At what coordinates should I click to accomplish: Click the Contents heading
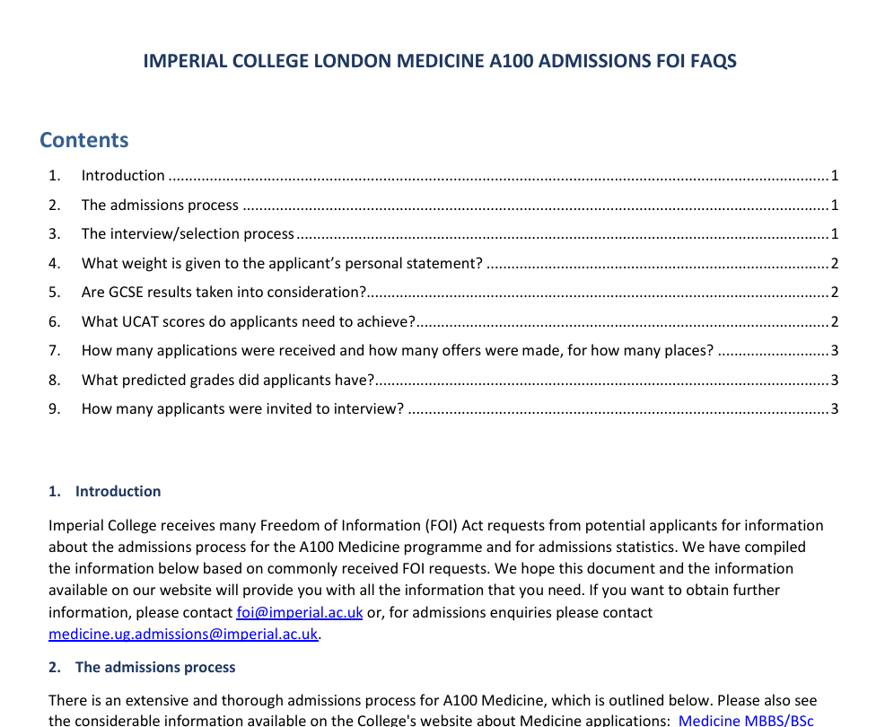pos(84,140)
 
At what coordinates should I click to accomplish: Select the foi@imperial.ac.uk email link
pos(299,612)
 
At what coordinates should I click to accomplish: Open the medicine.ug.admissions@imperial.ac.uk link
pos(183,634)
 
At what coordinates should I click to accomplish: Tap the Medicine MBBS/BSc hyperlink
pos(746,720)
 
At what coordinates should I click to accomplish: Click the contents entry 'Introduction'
pos(123,175)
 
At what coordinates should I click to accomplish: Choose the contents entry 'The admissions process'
pos(160,205)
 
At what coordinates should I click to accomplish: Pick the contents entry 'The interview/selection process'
pos(188,233)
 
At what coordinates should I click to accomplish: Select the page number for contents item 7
pos(834,350)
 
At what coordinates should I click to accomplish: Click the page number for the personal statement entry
pos(834,263)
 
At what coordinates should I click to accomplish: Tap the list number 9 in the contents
pos(54,408)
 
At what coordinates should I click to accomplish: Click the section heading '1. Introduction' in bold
pos(105,491)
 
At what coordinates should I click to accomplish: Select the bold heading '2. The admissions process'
pos(142,667)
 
